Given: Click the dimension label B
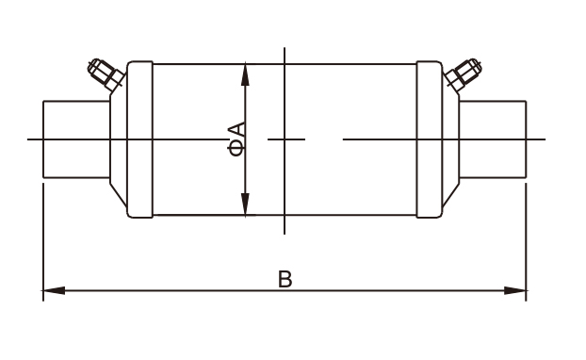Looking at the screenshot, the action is click(x=285, y=279).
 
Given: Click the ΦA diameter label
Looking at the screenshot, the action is click(x=236, y=139).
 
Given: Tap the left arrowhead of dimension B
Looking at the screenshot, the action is click(x=54, y=290).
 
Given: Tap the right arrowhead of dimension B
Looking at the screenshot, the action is click(x=515, y=290).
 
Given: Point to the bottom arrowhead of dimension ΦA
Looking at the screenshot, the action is click(x=245, y=205).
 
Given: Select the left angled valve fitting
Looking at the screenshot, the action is click(x=106, y=74).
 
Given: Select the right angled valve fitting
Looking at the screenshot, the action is click(x=463, y=74).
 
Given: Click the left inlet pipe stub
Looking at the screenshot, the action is click(x=76, y=139).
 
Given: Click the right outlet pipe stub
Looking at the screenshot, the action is click(x=493, y=139).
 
